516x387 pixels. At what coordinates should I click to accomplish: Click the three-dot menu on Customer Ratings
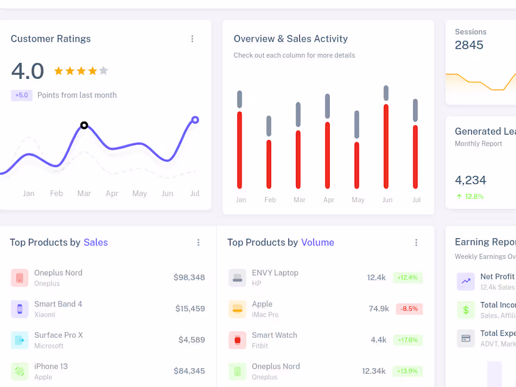[x=192, y=39]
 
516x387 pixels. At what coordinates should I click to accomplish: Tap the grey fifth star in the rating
[x=104, y=71]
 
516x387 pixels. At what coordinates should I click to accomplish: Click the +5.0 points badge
[x=22, y=95]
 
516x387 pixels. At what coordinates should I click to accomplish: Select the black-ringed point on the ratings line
[x=84, y=125]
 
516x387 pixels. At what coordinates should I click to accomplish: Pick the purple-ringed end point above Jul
[x=195, y=120]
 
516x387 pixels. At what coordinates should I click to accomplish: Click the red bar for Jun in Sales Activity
[x=386, y=146]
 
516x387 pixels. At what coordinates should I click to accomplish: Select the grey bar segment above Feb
[x=269, y=126]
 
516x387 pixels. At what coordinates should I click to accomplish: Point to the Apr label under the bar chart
[x=329, y=200]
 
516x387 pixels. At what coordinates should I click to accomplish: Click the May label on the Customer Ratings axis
[x=139, y=193]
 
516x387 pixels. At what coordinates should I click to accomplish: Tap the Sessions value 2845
[x=469, y=45]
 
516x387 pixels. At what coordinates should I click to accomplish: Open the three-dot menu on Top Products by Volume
[x=416, y=243]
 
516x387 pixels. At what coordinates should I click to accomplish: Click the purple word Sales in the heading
[x=96, y=243]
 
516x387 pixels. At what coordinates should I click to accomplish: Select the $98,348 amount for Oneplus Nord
[x=189, y=278]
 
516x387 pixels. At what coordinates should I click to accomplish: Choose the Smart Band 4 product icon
[x=20, y=309]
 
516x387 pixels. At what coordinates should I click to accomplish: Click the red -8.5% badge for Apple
[x=410, y=309]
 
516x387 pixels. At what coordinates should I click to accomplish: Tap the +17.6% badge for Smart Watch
[x=408, y=340]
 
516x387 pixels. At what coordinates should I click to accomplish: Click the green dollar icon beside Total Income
[x=466, y=310]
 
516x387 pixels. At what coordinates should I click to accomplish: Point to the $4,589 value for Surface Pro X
[x=191, y=340]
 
